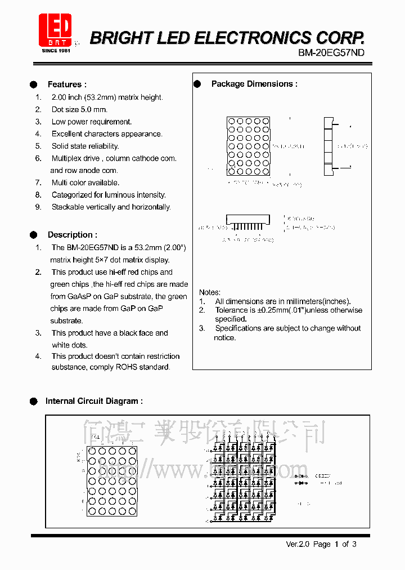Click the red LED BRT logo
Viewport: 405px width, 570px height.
pos(55,30)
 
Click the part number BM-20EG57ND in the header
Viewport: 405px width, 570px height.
pos(331,52)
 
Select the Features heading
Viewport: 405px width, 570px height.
pos(67,84)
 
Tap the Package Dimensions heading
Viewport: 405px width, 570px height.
pos(254,84)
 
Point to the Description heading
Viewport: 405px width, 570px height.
pos(72,235)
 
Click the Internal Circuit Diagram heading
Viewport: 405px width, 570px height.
pos(93,401)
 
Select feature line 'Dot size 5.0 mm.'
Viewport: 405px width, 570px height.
pos(79,109)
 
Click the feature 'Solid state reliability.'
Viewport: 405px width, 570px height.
pos(85,146)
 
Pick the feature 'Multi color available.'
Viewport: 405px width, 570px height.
pos(85,182)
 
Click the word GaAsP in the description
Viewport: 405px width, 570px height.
pos(78,296)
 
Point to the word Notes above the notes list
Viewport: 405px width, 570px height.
pos(209,292)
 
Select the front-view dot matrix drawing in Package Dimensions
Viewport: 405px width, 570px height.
pos(248,146)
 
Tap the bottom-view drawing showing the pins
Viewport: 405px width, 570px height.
pos(247,222)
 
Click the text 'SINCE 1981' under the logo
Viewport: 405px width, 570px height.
pos(56,51)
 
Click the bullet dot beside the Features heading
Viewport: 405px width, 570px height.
pos(33,84)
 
